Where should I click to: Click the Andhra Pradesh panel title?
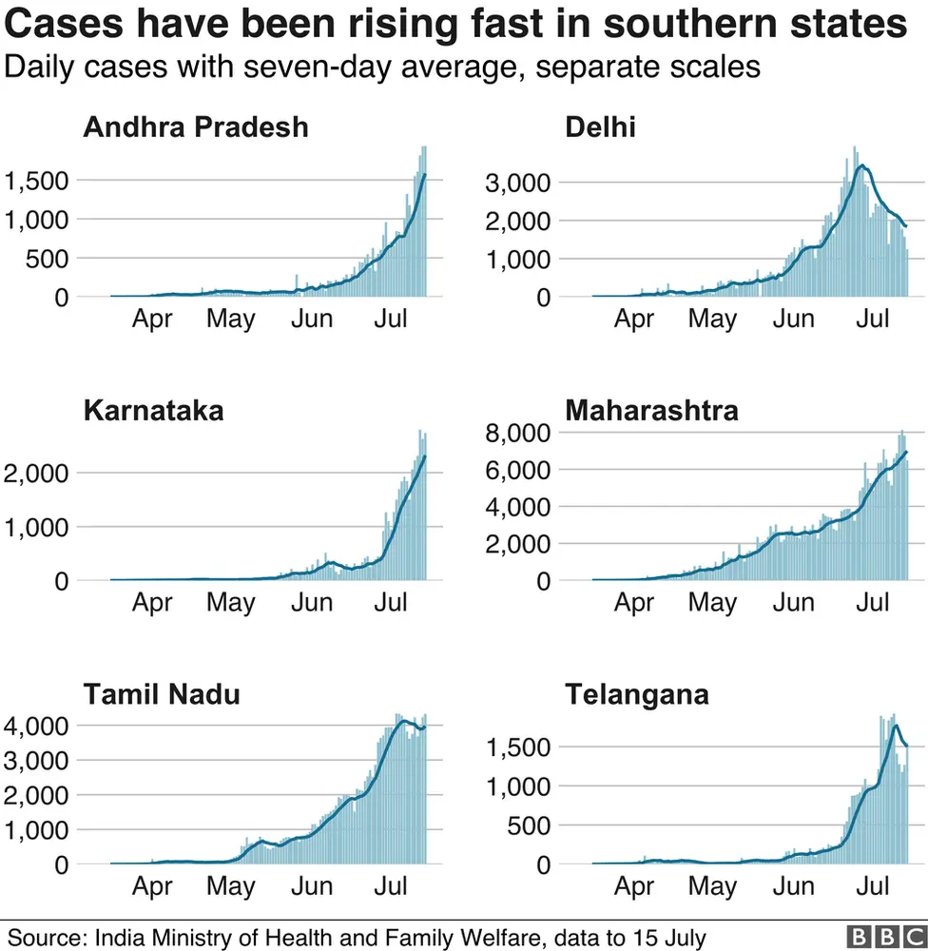(196, 127)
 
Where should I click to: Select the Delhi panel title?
(600, 127)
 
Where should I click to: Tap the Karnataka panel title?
(154, 411)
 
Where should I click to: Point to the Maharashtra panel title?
(651, 411)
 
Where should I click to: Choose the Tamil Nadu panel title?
(162, 694)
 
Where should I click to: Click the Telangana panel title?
(637, 694)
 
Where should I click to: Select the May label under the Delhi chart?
(712, 319)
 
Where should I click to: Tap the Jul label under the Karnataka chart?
(392, 602)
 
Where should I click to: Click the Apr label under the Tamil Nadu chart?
(152, 886)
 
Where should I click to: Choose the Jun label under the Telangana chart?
(793, 886)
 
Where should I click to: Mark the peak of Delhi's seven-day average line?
(861, 165)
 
